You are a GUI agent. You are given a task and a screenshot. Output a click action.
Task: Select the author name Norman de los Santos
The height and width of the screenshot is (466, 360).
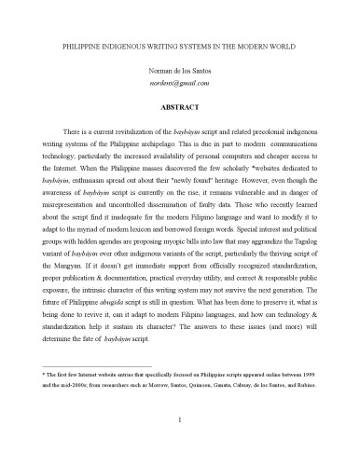(x=179, y=73)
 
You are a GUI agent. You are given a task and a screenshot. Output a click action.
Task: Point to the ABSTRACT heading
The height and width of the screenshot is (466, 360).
(x=179, y=108)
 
